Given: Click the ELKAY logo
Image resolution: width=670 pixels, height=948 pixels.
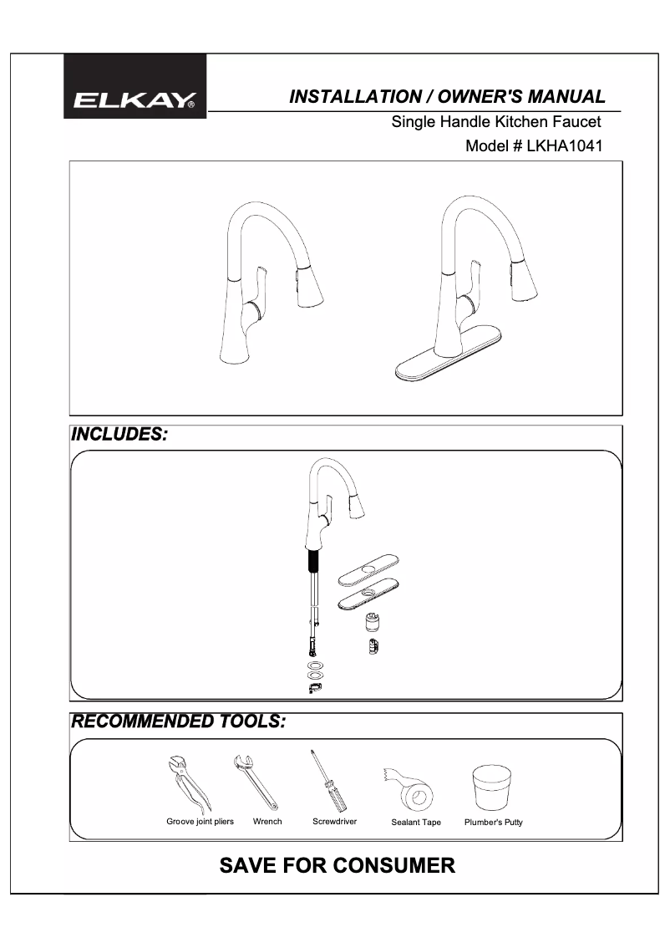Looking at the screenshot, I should [x=135, y=101].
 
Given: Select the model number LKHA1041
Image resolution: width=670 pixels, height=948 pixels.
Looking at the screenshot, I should [x=565, y=146].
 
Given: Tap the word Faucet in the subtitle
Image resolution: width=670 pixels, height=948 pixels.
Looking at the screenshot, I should [x=575, y=122].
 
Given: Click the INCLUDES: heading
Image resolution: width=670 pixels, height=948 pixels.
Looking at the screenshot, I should [x=119, y=435].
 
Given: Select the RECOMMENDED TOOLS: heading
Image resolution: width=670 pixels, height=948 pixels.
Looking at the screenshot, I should [x=178, y=721].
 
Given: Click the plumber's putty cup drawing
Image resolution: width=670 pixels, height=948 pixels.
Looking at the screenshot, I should [x=492, y=787].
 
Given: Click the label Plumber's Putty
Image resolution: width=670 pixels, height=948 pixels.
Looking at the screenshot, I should [x=493, y=823].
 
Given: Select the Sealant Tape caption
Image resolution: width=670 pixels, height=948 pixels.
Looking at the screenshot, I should [x=416, y=823].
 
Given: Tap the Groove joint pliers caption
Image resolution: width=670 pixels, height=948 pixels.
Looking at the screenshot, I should [x=200, y=822].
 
